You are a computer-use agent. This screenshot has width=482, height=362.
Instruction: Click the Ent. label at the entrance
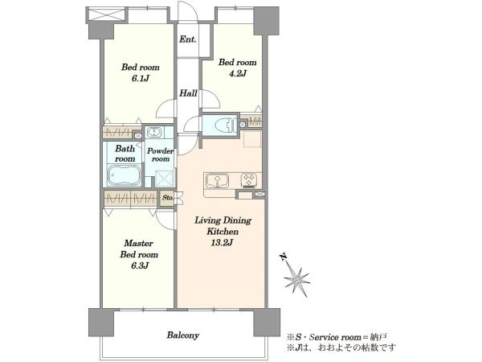(188, 39)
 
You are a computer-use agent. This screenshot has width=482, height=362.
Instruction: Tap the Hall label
(188, 93)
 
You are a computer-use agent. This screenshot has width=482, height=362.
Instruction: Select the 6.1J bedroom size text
(140, 79)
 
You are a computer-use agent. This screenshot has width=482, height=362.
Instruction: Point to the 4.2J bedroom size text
(237, 73)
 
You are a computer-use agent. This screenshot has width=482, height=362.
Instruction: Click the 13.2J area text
(222, 243)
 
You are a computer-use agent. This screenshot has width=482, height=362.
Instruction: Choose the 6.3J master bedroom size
(140, 265)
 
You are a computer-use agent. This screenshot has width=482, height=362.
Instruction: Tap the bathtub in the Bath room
(125, 175)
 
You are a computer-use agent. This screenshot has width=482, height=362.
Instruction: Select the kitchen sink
(218, 180)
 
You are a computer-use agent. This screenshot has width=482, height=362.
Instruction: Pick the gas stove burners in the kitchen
(249, 180)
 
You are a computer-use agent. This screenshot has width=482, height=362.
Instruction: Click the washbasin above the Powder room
(153, 133)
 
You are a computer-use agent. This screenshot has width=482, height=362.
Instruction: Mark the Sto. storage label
(168, 198)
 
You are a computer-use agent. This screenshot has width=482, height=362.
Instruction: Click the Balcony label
(183, 335)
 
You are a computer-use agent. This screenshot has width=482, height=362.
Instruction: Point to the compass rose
(296, 280)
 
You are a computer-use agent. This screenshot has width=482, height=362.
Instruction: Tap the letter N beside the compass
(283, 257)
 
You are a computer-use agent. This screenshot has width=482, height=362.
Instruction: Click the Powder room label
(160, 154)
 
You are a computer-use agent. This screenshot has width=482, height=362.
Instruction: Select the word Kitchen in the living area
(223, 232)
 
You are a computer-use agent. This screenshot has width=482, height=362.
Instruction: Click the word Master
(138, 243)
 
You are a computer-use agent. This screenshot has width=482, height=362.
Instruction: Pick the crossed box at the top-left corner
(107, 14)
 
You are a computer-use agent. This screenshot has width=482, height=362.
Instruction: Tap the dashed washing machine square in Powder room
(165, 179)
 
